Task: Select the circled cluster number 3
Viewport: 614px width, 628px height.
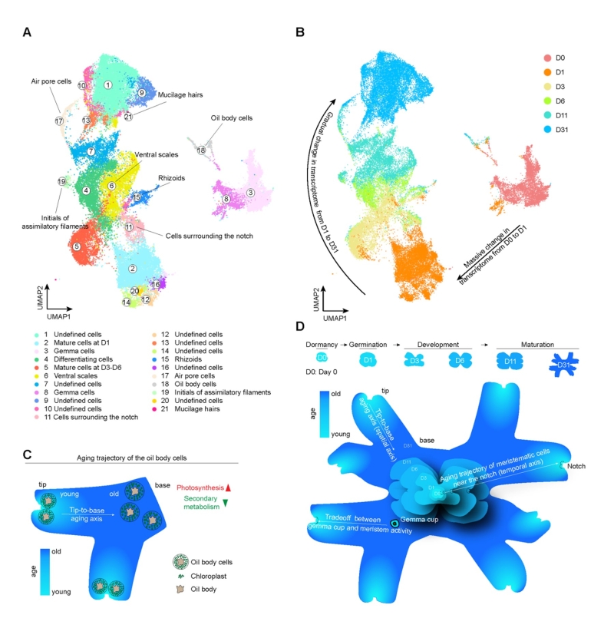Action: tap(250, 192)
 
